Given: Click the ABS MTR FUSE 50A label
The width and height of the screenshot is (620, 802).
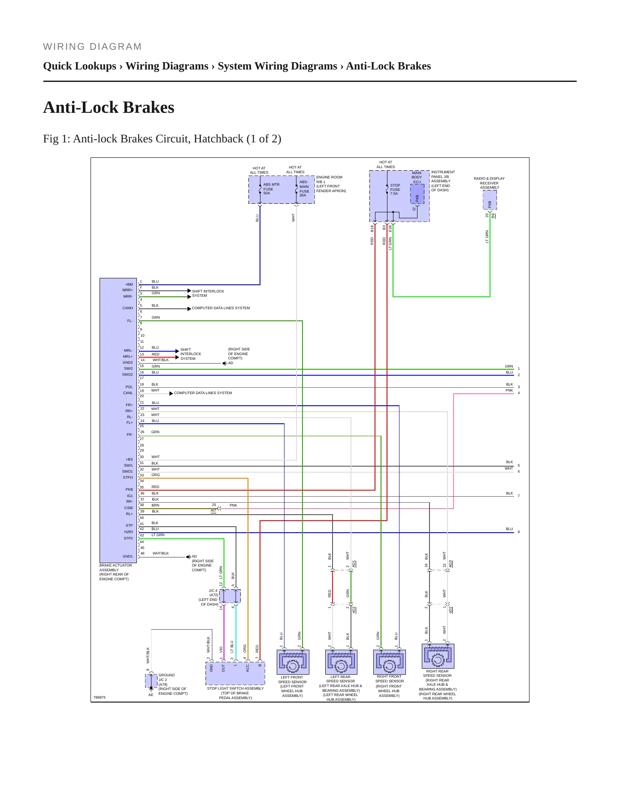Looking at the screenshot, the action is [271, 189].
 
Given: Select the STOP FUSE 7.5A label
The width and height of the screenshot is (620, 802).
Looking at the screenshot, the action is [395, 190].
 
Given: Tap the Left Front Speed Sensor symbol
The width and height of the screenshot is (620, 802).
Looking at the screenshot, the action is [293, 662].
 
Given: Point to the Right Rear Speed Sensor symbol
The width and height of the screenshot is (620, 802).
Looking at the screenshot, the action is [438, 656].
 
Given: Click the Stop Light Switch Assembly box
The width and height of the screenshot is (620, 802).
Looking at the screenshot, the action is [236, 673].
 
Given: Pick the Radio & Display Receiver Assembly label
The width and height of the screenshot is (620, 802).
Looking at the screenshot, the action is [489, 183].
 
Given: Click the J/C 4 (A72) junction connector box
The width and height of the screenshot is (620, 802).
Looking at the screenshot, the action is [230, 596].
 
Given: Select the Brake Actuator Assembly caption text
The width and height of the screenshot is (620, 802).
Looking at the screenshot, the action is [116, 572].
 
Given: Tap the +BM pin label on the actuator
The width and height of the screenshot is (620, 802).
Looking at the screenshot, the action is [129, 284].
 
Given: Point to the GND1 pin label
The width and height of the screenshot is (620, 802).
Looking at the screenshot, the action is [128, 556].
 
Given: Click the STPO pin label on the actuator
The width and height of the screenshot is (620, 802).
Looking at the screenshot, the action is [128, 477].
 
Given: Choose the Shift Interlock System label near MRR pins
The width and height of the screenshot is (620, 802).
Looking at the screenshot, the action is [208, 293].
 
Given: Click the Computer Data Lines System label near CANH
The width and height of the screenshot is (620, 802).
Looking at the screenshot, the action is [221, 308].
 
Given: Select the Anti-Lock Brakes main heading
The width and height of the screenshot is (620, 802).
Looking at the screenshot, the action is [109, 107].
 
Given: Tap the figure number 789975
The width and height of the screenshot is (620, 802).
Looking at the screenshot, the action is [100, 697].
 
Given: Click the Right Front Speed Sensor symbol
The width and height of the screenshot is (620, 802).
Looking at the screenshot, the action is [390, 662].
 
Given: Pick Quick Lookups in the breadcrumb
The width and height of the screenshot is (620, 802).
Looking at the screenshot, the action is [80, 66].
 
